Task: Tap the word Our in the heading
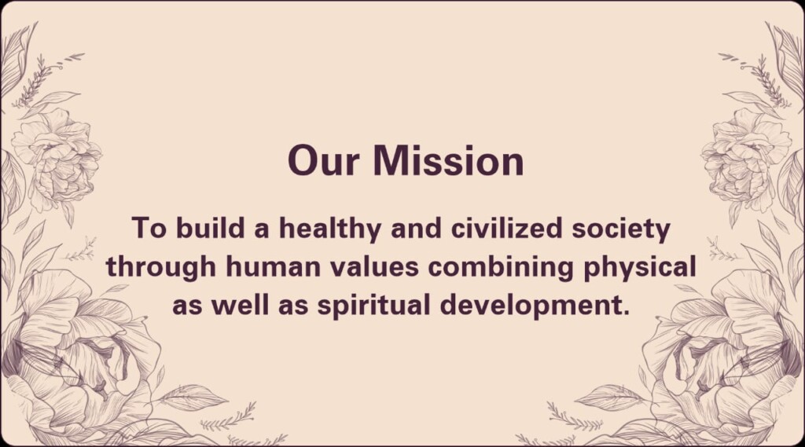pos(323,160)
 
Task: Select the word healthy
pos(329,229)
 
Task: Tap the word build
pos(210,228)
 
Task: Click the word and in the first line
pos(416,228)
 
